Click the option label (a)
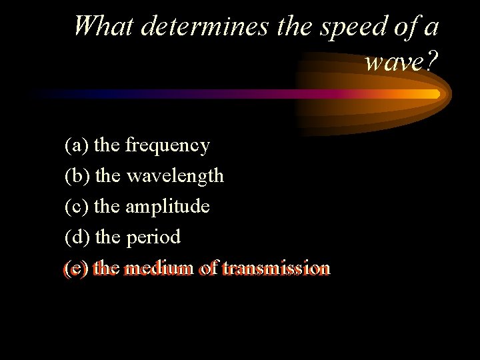[x=77, y=145]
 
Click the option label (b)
[x=78, y=176]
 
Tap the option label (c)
[x=77, y=207]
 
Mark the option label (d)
[x=78, y=237]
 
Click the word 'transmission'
[x=276, y=269]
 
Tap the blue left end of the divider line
[x=40, y=94]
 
